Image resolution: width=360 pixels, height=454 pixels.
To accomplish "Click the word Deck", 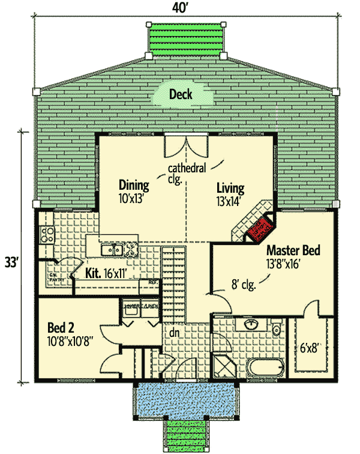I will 181,94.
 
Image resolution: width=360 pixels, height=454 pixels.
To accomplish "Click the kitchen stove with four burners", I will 46,233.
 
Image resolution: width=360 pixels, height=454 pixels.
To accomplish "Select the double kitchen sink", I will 112,250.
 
